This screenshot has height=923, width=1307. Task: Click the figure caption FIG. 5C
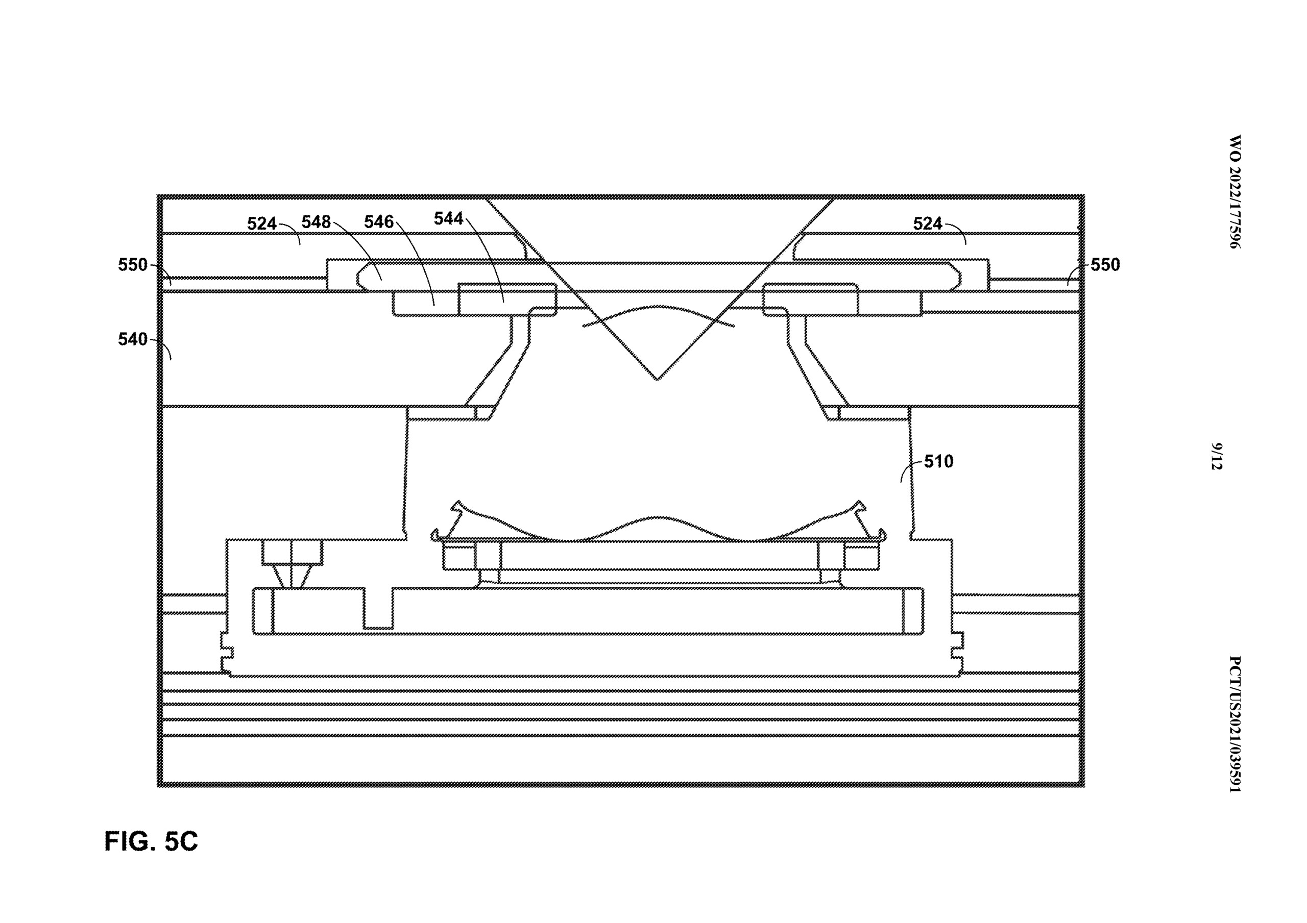tap(151, 841)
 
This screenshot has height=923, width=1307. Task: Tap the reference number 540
tap(133, 339)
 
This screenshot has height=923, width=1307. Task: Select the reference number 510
tap(938, 461)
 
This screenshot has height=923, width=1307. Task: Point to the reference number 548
tap(316, 222)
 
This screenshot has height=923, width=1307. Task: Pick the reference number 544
tap(449, 218)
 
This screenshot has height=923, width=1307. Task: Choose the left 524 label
tap(262, 223)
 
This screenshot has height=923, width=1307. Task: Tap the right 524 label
tap(928, 223)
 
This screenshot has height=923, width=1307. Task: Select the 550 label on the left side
tap(133, 265)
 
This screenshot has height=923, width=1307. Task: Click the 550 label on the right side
tap(1105, 265)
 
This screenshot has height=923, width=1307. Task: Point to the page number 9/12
tap(1217, 456)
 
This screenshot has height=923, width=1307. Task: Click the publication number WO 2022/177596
tap(1233, 192)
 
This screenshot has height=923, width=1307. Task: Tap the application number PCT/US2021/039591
tap(1234, 724)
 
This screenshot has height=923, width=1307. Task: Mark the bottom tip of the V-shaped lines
tap(657, 380)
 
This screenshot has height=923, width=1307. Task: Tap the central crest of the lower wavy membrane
tap(658, 517)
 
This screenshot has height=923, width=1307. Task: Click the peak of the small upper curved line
tap(658, 306)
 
